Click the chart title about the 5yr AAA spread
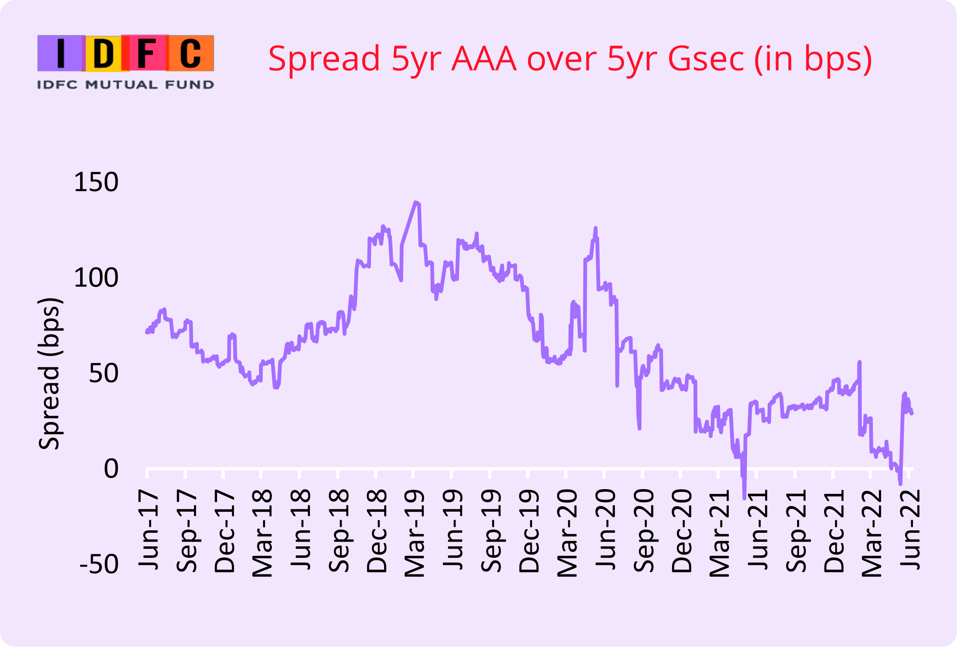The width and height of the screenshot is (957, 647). click(x=570, y=59)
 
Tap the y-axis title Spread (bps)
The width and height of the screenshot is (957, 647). click(x=50, y=373)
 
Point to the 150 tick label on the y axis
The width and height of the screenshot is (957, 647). click(x=96, y=182)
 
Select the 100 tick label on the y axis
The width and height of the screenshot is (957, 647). click(x=96, y=278)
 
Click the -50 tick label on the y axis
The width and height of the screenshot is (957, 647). click(x=99, y=564)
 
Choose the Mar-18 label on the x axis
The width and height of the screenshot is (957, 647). click(x=262, y=533)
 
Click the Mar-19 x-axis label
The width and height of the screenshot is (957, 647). click(x=414, y=533)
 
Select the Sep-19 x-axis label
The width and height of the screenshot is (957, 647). click(x=491, y=531)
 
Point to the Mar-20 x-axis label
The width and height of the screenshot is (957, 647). click(x=567, y=533)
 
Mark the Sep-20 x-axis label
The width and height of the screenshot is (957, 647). click(x=643, y=531)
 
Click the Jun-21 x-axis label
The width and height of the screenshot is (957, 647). click(x=758, y=530)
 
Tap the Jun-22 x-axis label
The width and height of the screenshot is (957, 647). click(x=910, y=530)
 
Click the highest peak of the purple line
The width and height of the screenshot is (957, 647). click(x=415, y=202)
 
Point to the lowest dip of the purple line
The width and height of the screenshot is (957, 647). click(x=744, y=498)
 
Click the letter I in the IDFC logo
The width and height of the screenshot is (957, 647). click(x=61, y=53)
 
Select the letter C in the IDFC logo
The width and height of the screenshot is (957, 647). click(x=190, y=53)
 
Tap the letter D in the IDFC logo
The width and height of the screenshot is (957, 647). click(x=104, y=53)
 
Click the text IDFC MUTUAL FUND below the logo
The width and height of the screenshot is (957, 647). click(x=126, y=85)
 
